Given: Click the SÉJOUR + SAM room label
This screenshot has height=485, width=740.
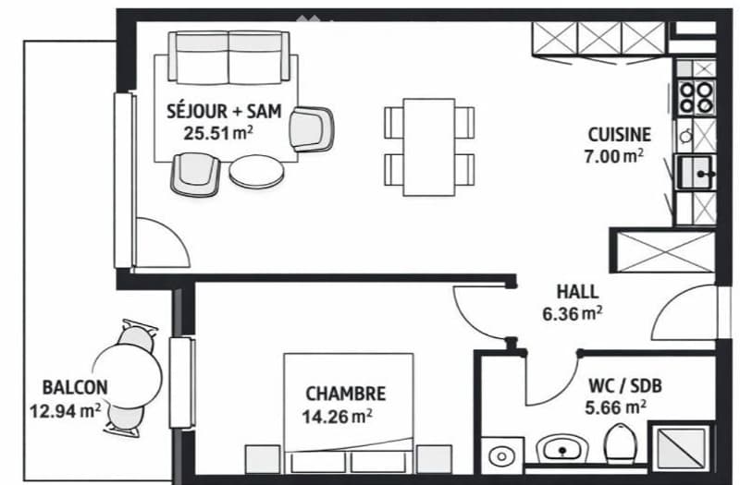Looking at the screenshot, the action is (224, 111).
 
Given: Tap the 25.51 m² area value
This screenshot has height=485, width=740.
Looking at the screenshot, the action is (218, 133).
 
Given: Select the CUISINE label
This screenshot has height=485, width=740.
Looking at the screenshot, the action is (619, 135).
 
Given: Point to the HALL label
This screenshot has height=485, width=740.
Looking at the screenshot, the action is (577, 292).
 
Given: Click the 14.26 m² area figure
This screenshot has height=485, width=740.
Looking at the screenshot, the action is (337, 417).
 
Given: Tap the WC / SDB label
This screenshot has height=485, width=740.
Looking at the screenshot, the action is (625, 386).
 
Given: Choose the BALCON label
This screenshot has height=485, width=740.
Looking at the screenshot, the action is (75, 387).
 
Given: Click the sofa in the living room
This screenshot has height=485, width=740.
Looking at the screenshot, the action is (228, 56).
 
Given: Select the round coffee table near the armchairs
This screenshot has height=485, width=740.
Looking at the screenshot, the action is (257, 172).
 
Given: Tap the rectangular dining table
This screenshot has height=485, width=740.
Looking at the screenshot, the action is (429, 147).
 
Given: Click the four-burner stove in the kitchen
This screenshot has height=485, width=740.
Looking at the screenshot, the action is (697, 97).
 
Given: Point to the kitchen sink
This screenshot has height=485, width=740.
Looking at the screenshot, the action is (696, 172).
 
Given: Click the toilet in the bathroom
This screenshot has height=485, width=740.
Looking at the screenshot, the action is (620, 443).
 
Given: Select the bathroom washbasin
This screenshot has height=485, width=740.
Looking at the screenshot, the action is (561, 448).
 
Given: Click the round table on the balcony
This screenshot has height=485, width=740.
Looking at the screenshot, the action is (128, 376).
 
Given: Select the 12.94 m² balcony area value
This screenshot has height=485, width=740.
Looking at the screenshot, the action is (65, 411).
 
